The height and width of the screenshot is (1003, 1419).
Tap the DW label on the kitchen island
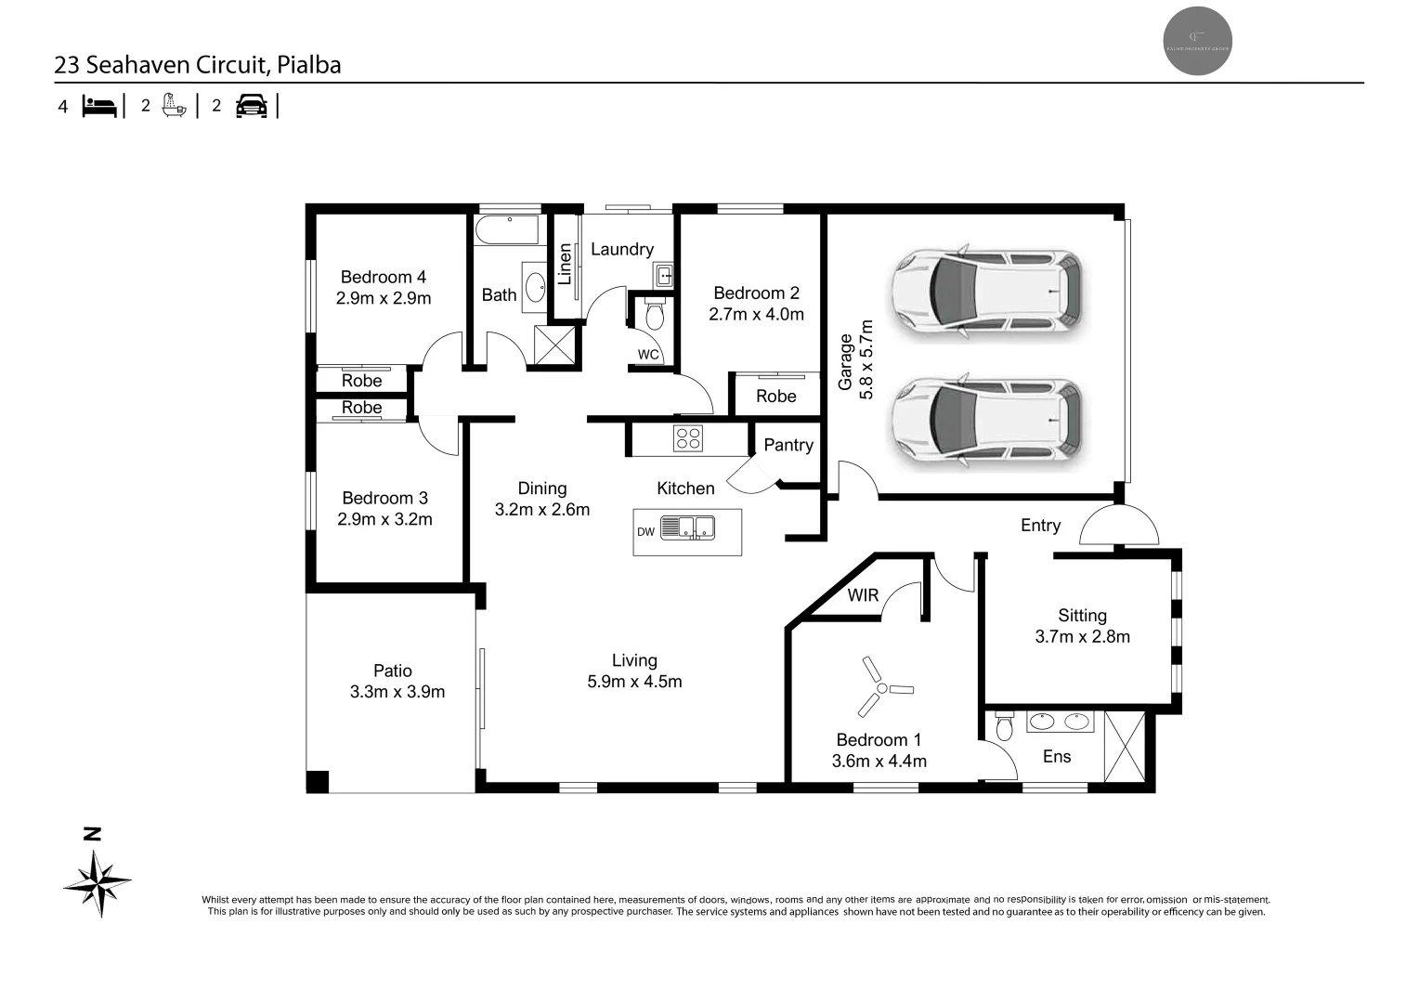pyautogui.click(x=645, y=532)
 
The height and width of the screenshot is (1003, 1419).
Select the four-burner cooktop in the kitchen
pyautogui.click(x=688, y=438)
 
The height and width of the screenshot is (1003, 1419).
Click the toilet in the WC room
pyautogui.click(x=655, y=316)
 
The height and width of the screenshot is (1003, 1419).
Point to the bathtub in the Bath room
pyautogui.click(x=507, y=230)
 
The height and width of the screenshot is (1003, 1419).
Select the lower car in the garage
pyautogui.click(x=987, y=420)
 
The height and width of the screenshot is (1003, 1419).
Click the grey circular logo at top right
pyautogui.click(x=1198, y=41)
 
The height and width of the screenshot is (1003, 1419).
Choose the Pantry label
pyautogui.click(x=788, y=445)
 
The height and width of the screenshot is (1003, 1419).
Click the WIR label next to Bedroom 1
pyautogui.click(x=863, y=595)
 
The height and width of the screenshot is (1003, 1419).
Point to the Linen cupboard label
pyautogui.click(x=565, y=264)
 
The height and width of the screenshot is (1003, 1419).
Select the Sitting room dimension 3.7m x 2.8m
pyautogui.click(x=1082, y=637)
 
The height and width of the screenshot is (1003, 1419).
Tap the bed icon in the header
pyautogui.click(x=99, y=106)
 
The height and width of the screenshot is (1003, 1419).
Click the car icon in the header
pyautogui.click(x=251, y=106)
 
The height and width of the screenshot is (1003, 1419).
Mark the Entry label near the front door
pyautogui.click(x=1040, y=526)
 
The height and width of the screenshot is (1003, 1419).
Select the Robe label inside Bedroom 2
pyautogui.click(x=775, y=397)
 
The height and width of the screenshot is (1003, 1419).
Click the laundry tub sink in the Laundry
pyautogui.click(x=664, y=275)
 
